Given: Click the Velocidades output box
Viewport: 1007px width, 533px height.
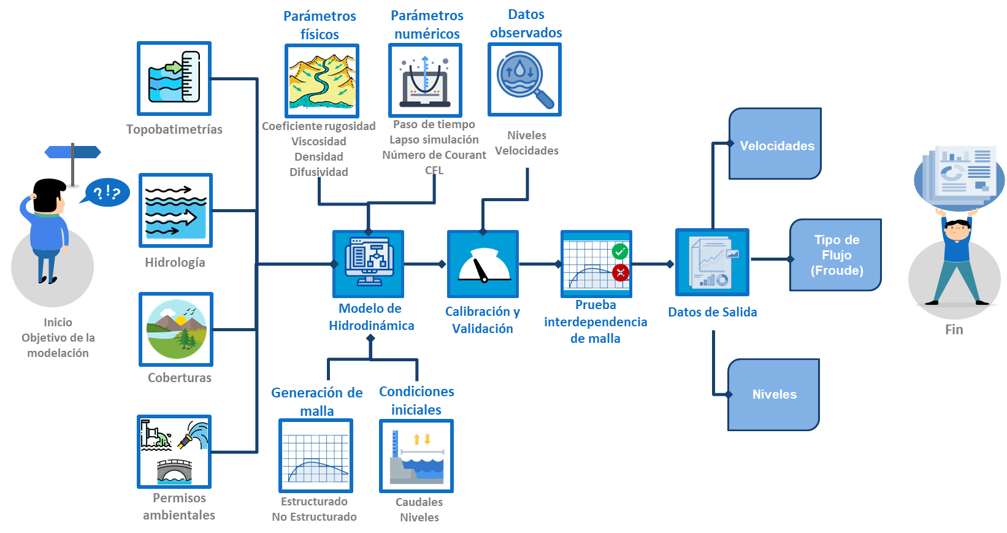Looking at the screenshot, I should tap(775, 145).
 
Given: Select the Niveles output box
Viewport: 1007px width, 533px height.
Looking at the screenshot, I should tap(774, 394).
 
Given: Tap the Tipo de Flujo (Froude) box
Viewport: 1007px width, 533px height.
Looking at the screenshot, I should tap(836, 255).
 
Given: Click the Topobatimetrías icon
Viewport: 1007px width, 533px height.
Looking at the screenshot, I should tap(175, 79).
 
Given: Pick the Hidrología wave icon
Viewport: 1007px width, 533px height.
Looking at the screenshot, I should tap(175, 210).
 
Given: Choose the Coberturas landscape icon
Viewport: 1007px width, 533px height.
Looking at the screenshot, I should tap(176, 329).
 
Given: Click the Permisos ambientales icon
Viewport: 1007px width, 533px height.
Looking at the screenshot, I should tap(175, 452).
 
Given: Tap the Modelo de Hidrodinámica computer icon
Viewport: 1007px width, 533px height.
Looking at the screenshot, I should tap(369, 264).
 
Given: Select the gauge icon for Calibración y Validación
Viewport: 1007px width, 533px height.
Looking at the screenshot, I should tap(483, 264).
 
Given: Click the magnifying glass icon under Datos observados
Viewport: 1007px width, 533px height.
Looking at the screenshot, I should tap(524, 79).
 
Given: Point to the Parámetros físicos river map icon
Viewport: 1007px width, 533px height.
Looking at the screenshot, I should tap(322, 81).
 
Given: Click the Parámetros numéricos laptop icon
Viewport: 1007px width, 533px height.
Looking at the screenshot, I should tap(425, 80).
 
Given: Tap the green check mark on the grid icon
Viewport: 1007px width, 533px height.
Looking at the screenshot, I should tap(620, 251).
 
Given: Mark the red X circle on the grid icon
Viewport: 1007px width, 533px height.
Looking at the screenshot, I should tap(621, 272).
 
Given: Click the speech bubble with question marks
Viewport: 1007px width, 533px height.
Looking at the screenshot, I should tap(107, 192).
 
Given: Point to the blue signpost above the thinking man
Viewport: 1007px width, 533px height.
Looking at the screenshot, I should tap(72, 153).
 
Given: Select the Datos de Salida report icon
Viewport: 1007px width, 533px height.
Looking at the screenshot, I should tap(712, 262).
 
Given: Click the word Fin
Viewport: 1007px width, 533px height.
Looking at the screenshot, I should tap(954, 330).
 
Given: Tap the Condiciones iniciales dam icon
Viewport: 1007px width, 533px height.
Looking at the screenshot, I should tap(416, 456).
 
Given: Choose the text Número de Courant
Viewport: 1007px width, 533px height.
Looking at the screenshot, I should tap(434, 155).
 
